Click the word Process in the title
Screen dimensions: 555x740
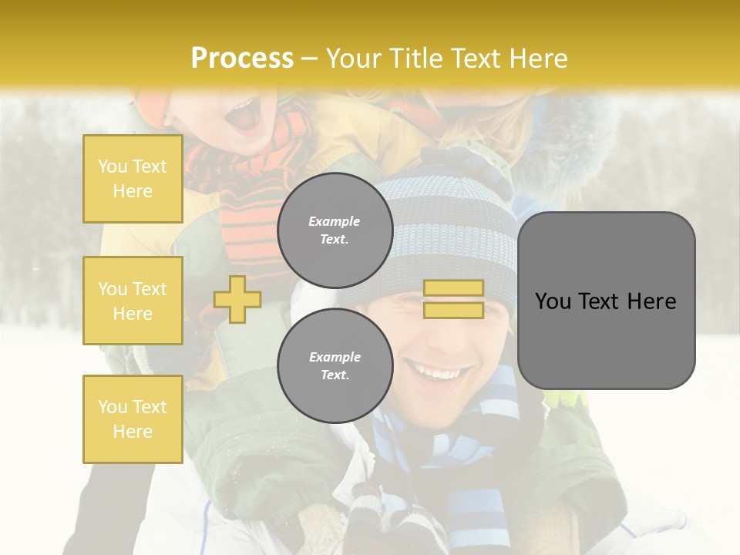[242, 59]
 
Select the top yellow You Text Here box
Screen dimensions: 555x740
[133, 179]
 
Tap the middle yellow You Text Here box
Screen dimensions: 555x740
[133, 301]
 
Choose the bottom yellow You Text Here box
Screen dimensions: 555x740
[133, 419]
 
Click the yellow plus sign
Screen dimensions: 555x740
[237, 299]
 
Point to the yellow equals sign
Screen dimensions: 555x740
[453, 299]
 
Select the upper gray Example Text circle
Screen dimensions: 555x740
[335, 230]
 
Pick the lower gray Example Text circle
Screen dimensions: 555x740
[335, 365]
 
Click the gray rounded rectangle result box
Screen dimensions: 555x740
[606, 301]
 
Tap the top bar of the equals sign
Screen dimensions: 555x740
[453, 288]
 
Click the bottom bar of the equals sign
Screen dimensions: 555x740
[453, 310]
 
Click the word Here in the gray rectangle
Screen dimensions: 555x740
[654, 301]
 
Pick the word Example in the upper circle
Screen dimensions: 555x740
[335, 221]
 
